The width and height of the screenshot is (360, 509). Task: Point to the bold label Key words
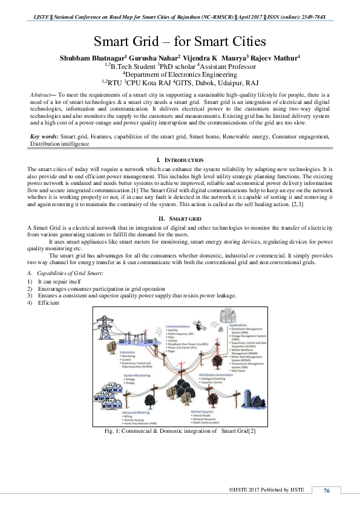44,137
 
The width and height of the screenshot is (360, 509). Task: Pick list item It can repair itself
59,282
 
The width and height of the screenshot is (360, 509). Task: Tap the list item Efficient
48,302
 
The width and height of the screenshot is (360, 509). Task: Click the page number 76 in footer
327,490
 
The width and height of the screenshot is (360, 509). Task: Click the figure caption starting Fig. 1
180,431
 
